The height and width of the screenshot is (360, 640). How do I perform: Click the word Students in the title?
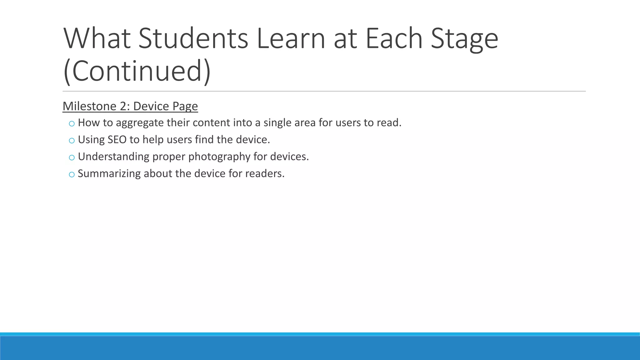click(193, 38)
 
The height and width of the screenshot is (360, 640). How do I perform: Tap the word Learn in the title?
click(291, 38)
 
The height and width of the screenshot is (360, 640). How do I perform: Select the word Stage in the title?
click(464, 38)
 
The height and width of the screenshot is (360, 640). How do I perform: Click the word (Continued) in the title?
click(137, 71)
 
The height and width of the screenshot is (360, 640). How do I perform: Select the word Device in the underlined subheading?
click(151, 106)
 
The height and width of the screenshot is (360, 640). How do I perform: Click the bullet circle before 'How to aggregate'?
click(72, 124)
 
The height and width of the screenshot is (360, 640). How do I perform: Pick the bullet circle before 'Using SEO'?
click(72, 141)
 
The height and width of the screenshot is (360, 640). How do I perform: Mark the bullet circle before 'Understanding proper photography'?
click(72, 157)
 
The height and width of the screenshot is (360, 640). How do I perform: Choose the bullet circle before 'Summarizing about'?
click(72, 174)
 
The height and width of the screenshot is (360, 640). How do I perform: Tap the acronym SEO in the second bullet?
click(117, 139)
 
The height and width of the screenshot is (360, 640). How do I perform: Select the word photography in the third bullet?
click(219, 157)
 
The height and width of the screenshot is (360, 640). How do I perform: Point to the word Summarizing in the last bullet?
click(109, 173)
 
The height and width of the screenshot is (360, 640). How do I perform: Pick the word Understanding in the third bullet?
click(113, 157)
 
